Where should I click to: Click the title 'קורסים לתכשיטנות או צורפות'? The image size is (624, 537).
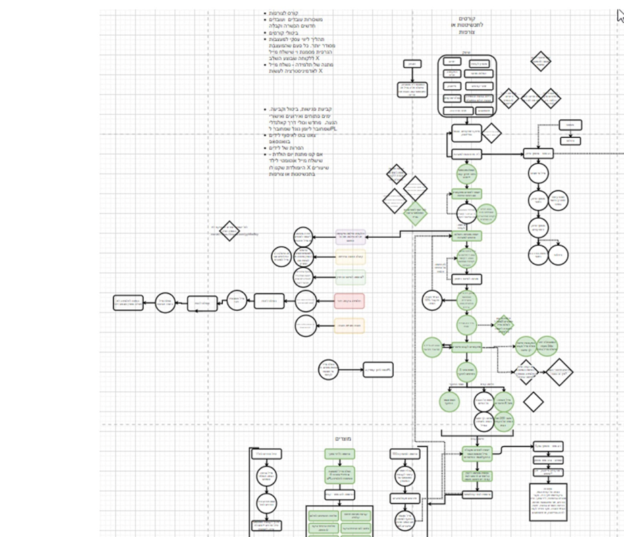[x=467, y=25]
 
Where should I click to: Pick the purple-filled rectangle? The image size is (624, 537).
[x=350, y=236]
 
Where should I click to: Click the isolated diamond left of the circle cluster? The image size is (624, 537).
[x=230, y=230]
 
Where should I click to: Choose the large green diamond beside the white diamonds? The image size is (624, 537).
[x=415, y=213]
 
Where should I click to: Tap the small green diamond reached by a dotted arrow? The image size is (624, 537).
[x=502, y=324]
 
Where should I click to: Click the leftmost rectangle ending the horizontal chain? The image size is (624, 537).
[x=128, y=302]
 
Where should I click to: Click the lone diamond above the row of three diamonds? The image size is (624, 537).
[x=541, y=61]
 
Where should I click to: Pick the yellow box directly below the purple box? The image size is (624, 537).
[x=349, y=257]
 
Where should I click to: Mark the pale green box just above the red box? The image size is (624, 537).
[x=349, y=277]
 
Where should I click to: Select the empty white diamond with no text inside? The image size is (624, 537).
[x=533, y=401]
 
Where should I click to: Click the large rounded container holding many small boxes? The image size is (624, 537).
[x=467, y=85]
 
